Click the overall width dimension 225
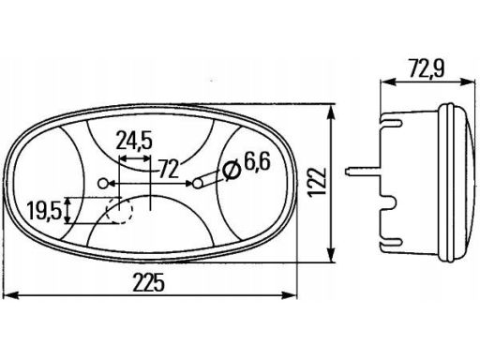point(155,282)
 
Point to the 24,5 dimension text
point(134,142)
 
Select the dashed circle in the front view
point(118,212)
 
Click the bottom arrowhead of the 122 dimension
point(333,261)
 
